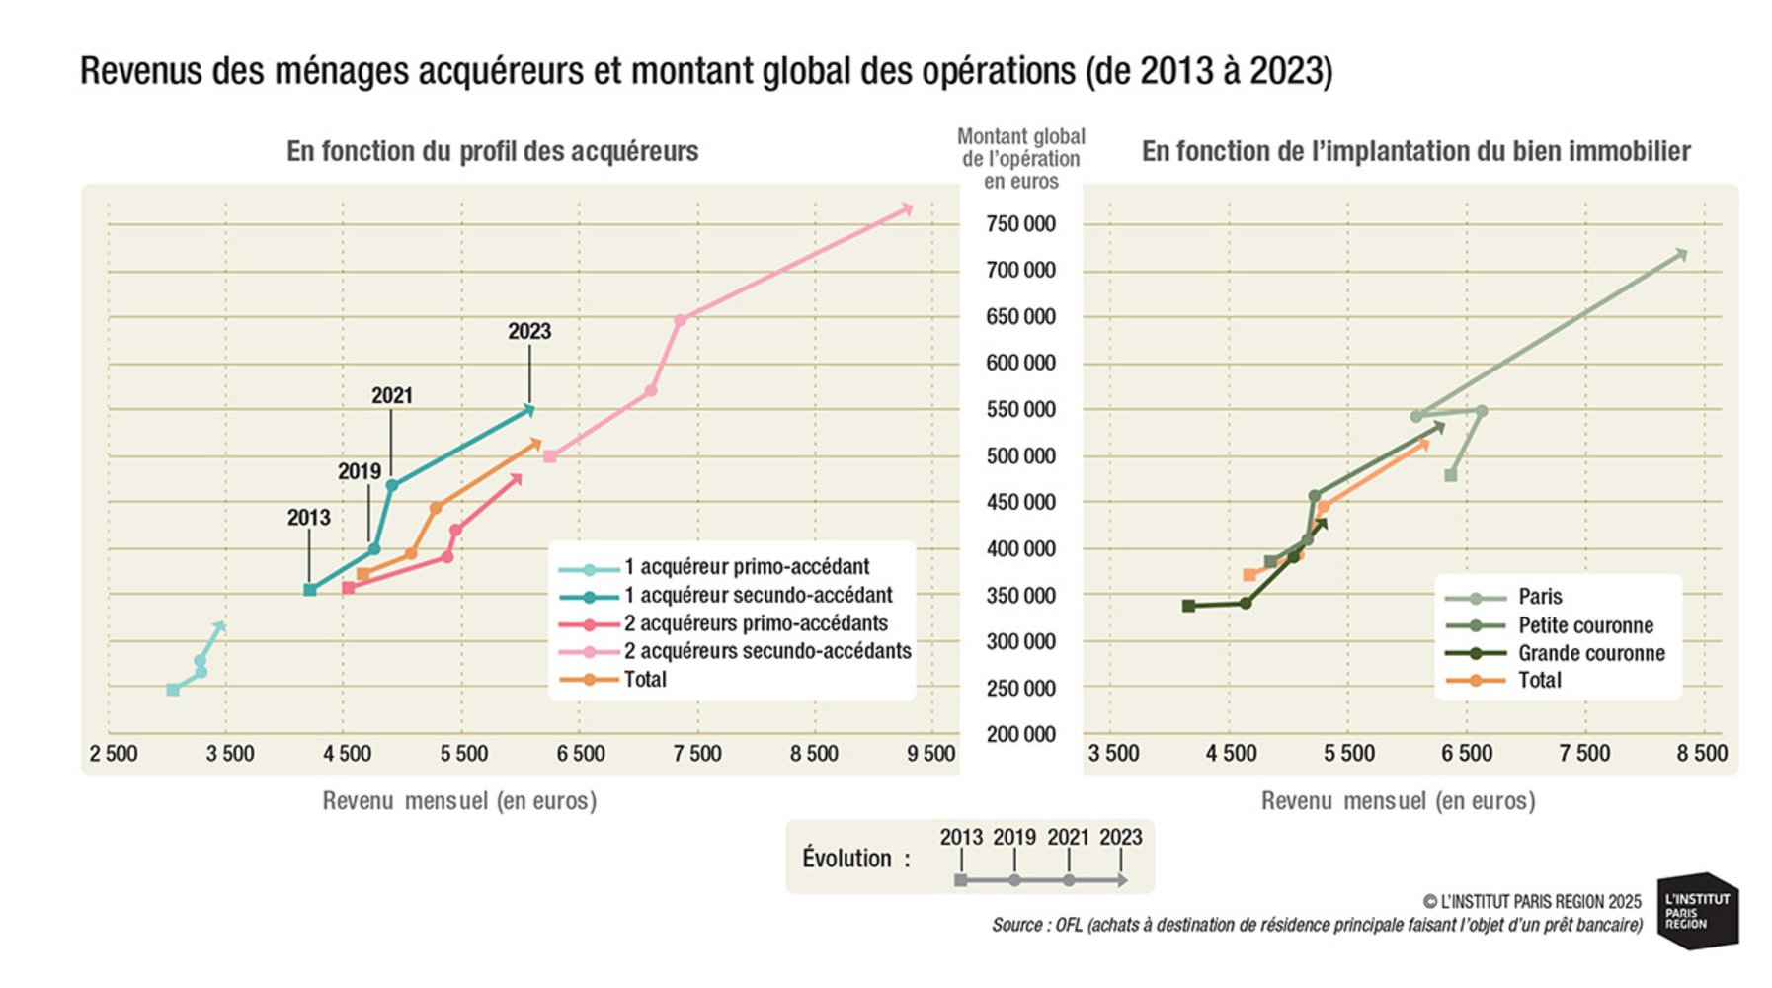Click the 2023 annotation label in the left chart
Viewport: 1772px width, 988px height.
click(x=529, y=332)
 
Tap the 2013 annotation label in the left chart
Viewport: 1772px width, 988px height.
click(x=308, y=518)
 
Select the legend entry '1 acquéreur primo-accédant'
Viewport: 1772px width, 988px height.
click(x=746, y=567)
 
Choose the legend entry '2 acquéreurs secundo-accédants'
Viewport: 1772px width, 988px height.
click(x=766, y=651)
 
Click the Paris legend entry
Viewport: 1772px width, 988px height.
click(x=1539, y=597)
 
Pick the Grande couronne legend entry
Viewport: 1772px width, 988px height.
click(x=1590, y=653)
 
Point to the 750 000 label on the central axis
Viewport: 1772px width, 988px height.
click(x=1020, y=224)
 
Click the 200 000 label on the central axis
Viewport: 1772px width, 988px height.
click(x=1020, y=734)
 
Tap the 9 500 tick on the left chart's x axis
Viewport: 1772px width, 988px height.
click(x=930, y=754)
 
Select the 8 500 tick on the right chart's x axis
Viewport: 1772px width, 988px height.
click(x=1702, y=754)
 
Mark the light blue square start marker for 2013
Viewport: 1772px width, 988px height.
click(x=173, y=690)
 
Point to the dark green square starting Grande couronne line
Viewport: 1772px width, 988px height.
click(x=1188, y=606)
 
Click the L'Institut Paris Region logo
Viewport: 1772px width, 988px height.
click(x=1698, y=910)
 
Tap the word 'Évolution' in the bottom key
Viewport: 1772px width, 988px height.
click(x=846, y=859)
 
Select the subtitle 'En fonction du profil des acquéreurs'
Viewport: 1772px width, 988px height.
click(x=492, y=151)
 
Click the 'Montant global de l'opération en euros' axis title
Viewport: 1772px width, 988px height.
click(x=1020, y=159)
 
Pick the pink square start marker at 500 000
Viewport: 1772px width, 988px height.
click(x=550, y=456)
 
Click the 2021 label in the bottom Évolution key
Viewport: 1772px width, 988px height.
click(x=1068, y=838)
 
